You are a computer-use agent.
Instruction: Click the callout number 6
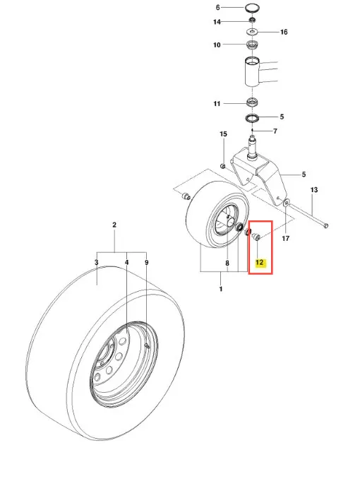tap(217, 8)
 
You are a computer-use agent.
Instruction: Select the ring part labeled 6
tap(252, 8)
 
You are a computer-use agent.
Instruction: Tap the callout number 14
tap(217, 22)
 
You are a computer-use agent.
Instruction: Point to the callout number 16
tap(284, 32)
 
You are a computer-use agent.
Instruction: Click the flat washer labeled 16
tap(253, 32)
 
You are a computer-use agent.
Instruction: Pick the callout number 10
tap(217, 45)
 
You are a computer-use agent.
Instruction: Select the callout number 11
tap(217, 104)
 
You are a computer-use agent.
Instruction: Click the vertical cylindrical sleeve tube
tap(252, 72)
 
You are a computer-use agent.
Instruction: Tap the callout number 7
tap(275, 131)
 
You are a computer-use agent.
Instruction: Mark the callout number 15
tap(223, 134)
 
